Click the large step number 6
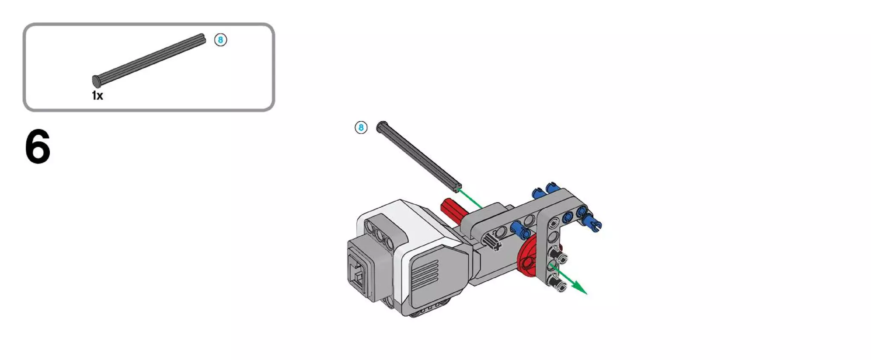click(x=37, y=147)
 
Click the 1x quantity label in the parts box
click(x=97, y=95)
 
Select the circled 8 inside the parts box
click(x=220, y=40)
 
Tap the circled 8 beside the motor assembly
click(x=361, y=127)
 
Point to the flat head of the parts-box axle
click(x=96, y=81)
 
